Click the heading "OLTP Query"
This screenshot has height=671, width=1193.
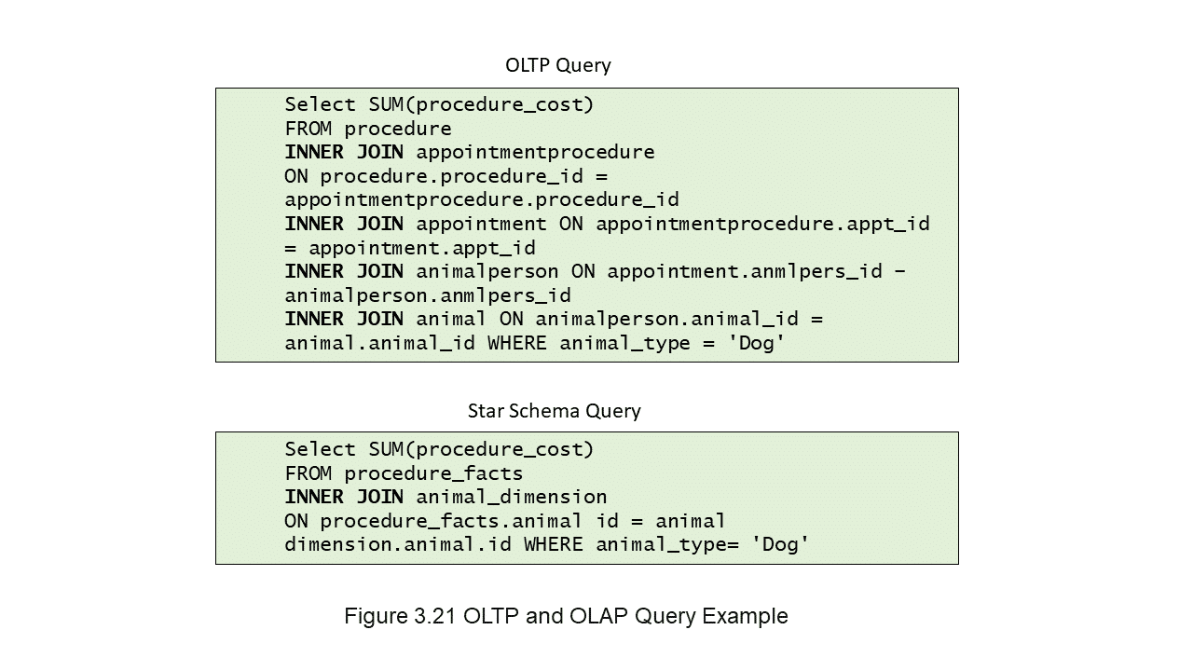point(557,65)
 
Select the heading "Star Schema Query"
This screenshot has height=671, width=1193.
point(554,411)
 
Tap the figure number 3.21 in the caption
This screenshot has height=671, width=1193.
point(434,616)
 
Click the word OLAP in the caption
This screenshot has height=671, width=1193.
point(599,616)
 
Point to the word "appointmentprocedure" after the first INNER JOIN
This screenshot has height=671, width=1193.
point(535,152)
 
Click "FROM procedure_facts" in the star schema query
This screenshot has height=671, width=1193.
point(404,473)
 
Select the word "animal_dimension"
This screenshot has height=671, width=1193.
point(512,497)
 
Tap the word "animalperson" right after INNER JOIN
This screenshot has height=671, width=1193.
point(487,271)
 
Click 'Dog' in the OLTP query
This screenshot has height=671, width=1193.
point(756,343)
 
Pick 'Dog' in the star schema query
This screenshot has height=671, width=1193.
point(780,544)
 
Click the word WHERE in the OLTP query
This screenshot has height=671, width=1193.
point(517,343)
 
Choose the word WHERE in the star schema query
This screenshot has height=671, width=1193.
point(554,544)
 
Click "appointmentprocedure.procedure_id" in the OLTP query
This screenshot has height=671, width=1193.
point(482,200)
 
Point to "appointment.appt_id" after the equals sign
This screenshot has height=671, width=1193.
point(422,248)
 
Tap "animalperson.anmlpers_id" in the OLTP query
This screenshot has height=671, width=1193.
point(428,295)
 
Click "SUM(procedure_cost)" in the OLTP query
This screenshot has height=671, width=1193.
point(481,105)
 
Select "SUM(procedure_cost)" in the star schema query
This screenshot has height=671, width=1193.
point(481,449)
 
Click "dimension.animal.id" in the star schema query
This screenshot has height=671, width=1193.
point(398,544)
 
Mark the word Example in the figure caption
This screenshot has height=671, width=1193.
point(745,616)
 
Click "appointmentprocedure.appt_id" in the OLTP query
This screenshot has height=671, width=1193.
point(762,225)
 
